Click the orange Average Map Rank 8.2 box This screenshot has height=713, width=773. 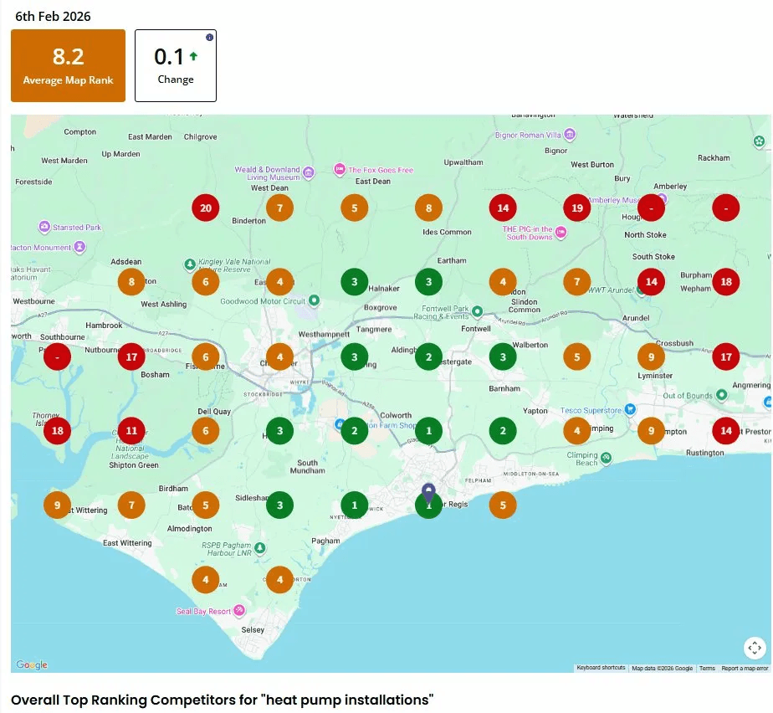[x=68, y=65]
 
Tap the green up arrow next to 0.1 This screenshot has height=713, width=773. [x=193, y=57]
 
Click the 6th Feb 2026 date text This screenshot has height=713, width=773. [x=53, y=16]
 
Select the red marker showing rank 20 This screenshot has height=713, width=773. [x=206, y=208]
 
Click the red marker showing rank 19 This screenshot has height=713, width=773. [x=576, y=208]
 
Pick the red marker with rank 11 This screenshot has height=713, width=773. [x=131, y=432]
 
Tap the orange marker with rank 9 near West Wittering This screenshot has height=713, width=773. [x=57, y=505]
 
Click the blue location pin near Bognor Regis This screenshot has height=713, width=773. [x=428, y=492]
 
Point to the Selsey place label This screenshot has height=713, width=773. [x=252, y=630]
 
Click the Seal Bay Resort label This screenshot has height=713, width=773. [x=203, y=612]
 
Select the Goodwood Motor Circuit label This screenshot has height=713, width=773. [x=262, y=301]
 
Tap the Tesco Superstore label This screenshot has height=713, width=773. [x=591, y=410]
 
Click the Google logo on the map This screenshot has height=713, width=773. [x=32, y=665]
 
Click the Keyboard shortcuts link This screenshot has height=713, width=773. [x=601, y=668]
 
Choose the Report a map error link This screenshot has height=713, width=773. [x=745, y=668]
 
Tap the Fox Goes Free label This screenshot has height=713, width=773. [x=381, y=170]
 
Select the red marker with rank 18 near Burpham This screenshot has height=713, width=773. [x=726, y=282]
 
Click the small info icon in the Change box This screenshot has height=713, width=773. [x=209, y=38]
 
